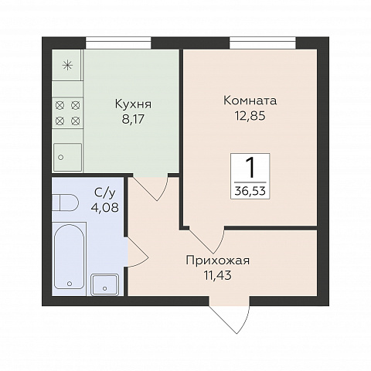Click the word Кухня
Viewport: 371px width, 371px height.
click(x=133, y=105)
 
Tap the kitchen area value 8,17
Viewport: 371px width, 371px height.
click(x=133, y=119)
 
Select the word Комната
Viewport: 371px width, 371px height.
click(x=250, y=100)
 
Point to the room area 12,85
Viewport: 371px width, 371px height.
click(x=250, y=116)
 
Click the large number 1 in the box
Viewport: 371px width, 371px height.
click(x=250, y=168)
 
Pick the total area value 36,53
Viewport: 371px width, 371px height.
click(x=250, y=191)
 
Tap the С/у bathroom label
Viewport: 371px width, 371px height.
click(x=105, y=194)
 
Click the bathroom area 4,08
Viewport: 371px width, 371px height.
click(x=105, y=207)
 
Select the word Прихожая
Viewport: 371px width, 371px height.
click(x=218, y=260)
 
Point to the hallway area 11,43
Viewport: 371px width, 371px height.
click(x=218, y=275)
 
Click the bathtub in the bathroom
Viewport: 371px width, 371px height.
click(x=70, y=257)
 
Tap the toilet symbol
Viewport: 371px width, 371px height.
click(x=66, y=203)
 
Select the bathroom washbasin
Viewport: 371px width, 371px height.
click(x=105, y=284)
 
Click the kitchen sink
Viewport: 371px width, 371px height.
click(x=67, y=157)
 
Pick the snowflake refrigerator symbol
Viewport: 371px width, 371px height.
click(x=67, y=65)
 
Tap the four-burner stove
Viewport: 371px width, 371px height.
click(x=67, y=113)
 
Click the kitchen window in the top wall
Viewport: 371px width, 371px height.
click(x=118, y=43)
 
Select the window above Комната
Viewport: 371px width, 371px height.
click(x=263, y=43)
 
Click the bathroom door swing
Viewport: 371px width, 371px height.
click(x=138, y=254)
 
